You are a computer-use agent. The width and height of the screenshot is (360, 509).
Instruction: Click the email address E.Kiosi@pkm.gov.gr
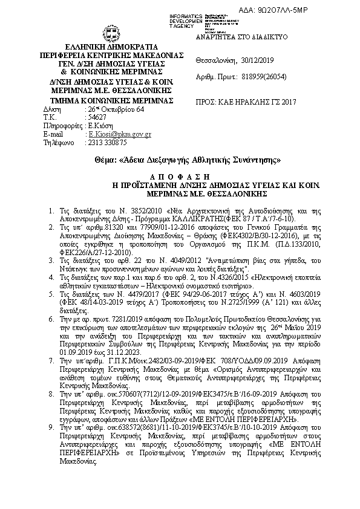tap(120, 134)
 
